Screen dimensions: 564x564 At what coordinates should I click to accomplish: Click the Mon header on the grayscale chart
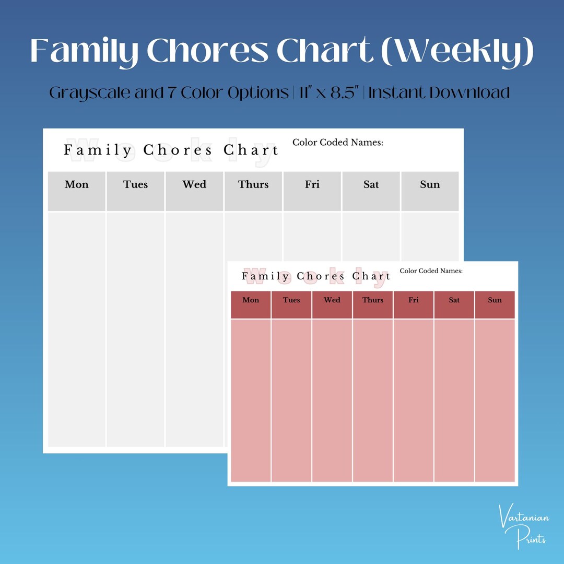coord(77,184)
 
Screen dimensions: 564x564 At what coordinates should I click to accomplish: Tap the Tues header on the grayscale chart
coord(136,184)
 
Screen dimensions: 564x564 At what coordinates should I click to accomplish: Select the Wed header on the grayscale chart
coord(194,184)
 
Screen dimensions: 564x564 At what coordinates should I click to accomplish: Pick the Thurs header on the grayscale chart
coord(253,184)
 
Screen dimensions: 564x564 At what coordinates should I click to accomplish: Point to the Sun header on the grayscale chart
coord(430,184)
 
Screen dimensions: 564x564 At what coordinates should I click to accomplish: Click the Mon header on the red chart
coord(251,300)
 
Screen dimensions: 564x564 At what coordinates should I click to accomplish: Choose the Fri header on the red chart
coord(414,300)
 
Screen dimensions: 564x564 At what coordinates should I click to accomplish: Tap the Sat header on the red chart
coord(454,300)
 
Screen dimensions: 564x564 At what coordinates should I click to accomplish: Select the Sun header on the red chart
coord(495,300)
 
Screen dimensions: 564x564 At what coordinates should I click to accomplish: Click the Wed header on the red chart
coord(332,300)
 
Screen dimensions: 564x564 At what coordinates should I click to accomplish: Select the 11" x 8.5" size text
coord(330,93)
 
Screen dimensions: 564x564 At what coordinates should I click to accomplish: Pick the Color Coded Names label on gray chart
coord(338,142)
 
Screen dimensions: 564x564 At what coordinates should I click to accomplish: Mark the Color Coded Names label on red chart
coord(431,271)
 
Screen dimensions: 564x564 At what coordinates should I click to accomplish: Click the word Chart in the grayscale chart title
coord(251,150)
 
